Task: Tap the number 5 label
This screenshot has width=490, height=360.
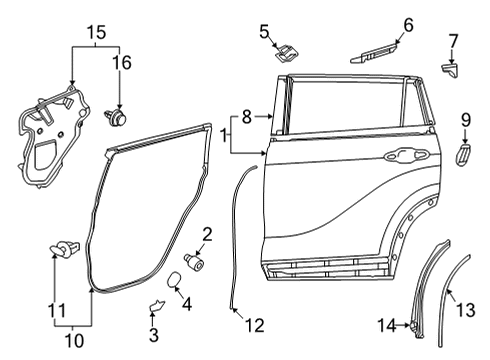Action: (264, 31)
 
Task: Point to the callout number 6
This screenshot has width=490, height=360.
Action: (408, 24)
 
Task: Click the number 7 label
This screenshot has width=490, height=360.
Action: (452, 40)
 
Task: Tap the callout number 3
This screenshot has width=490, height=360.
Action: (152, 335)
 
